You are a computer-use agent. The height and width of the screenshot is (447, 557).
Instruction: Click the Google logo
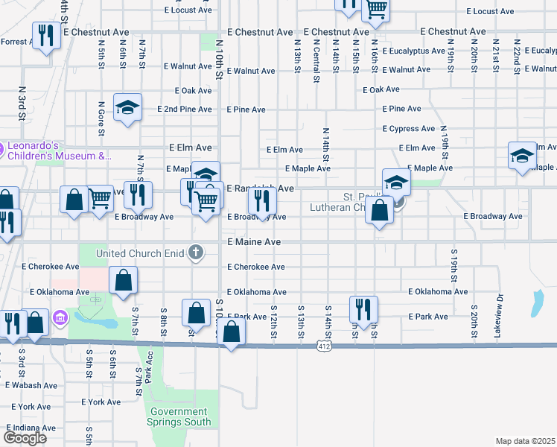pyautogui.click(x=25, y=437)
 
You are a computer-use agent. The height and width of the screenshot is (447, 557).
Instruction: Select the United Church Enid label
pyautogui.click(x=139, y=253)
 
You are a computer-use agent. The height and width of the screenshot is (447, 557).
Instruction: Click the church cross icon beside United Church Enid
pyautogui.click(x=196, y=253)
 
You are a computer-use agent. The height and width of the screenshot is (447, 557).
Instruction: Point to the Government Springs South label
pyautogui.click(x=179, y=416)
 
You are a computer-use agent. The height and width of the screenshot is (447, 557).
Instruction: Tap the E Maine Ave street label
pyautogui.click(x=254, y=243)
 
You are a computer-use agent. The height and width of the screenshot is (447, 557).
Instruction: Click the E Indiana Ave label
pyautogui.click(x=31, y=428)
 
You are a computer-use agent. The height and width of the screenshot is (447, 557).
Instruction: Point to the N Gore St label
pyautogui.click(x=101, y=121)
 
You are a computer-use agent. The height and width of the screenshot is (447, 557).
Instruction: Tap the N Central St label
pyautogui.click(x=316, y=63)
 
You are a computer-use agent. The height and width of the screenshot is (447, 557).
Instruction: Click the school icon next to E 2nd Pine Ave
pyautogui.click(x=127, y=108)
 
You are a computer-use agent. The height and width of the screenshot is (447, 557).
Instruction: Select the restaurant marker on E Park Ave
pyautogui.click(x=363, y=309)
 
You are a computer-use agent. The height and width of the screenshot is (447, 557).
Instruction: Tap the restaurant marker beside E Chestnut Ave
pyautogui.click(x=47, y=35)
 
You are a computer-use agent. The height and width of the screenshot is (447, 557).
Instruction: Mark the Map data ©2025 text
pyautogui.click(x=525, y=441)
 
